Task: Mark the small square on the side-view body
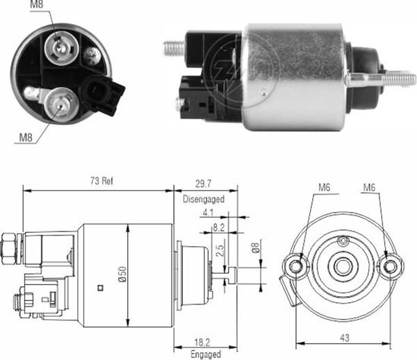101,285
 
